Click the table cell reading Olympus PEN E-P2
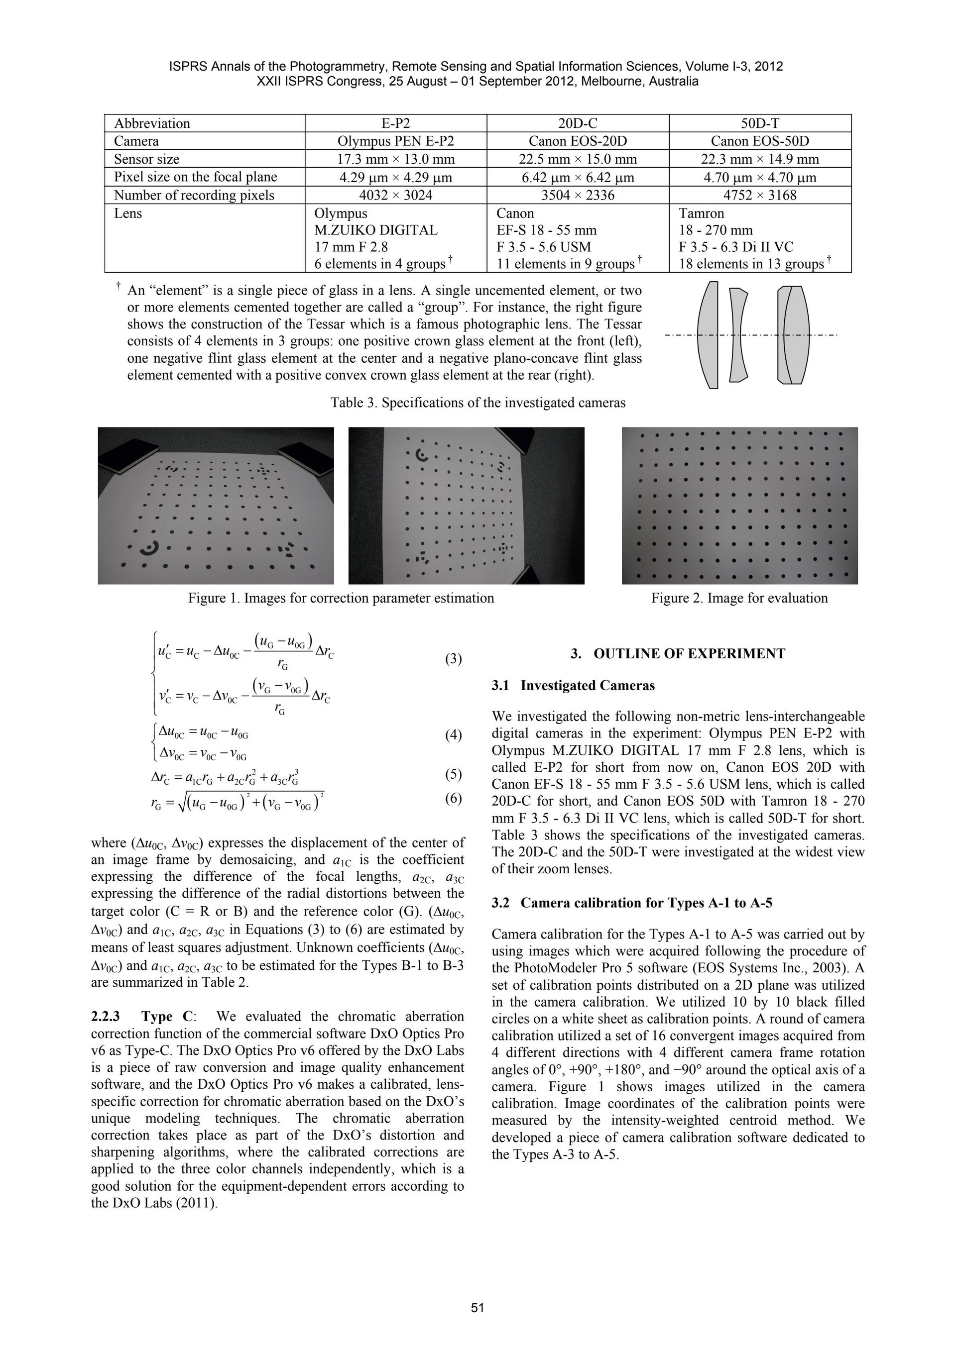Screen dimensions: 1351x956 pyautogui.click(x=395, y=141)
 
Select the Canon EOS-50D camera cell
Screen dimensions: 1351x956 pyautogui.click(x=760, y=141)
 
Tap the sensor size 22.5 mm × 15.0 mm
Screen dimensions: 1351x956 pyautogui.click(x=578, y=159)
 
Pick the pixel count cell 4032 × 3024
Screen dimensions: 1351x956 pyautogui.click(x=395, y=195)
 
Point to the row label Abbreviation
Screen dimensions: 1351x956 pyautogui.click(x=152, y=123)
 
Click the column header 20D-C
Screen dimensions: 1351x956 pyautogui.click(x=578, y=123)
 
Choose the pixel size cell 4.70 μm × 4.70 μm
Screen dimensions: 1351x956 pyautogui.click(x=760, y=177)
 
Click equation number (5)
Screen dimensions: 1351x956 pyautogui.click(x=453, y=774)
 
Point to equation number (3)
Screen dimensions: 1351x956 pyautogui.click(x=453, y=659)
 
